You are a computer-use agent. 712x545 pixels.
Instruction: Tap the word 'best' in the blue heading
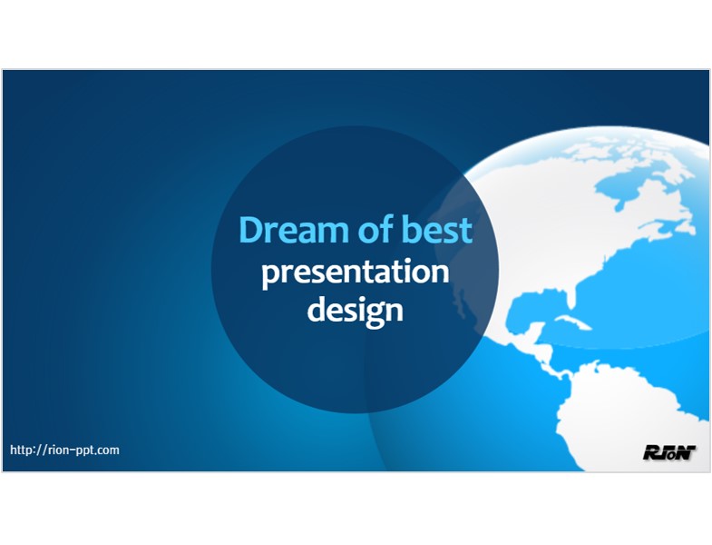(x=437, y=229)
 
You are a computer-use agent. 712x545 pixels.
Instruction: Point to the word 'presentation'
(x=355, y=272)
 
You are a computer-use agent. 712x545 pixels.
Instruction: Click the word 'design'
(x=355, y=311)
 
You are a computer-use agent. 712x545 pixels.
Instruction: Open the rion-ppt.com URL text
(x=64, y=450)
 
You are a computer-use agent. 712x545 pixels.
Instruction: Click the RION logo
(x=669, y=452)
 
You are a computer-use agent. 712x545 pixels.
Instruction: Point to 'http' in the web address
(x=22, y=450)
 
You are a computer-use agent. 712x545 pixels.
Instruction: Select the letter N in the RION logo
(x=687, y=452)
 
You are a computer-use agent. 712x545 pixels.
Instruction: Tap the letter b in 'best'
(x=412, y=229)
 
